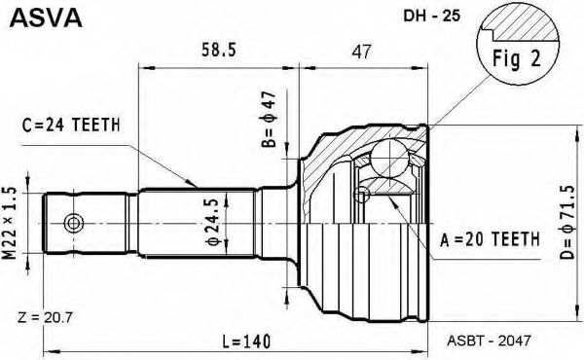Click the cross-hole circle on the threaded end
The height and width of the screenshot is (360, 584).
point(71,224)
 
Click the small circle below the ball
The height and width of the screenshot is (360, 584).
point(362,198)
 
